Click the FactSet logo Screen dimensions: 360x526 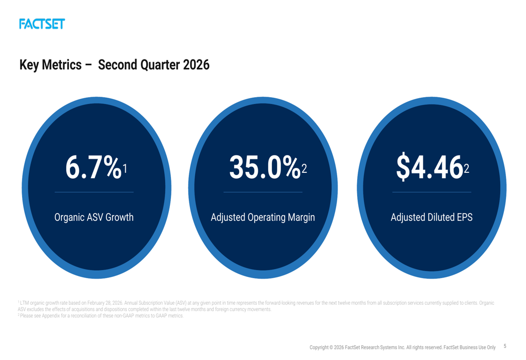42,24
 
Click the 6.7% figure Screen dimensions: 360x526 92,167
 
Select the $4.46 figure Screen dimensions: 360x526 429,167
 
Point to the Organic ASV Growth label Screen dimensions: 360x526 94,217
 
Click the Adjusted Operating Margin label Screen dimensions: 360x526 262,217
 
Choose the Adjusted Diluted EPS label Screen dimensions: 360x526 431,217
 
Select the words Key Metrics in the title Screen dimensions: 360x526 50,65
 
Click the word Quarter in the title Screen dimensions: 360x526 159,65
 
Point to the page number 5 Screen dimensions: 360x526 505,346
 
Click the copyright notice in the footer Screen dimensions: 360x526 402,347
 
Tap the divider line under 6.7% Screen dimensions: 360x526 94,192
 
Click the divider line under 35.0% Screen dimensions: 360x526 262,192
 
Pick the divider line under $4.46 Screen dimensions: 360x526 431,192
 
